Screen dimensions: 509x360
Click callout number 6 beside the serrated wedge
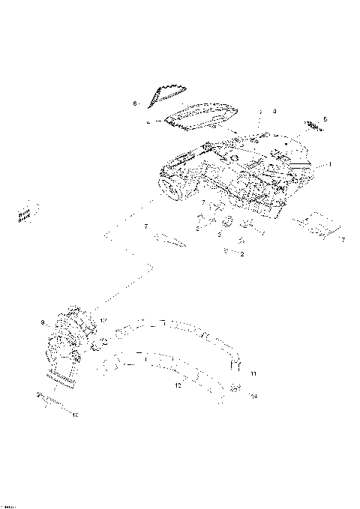(135, 103)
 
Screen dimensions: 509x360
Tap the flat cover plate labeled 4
(202, 115)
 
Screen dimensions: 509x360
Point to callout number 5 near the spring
(325, 119)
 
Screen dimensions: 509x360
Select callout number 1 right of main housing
(328, 164)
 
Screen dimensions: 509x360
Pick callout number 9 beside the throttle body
(43, 322)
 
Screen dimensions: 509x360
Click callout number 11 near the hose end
(253, 373)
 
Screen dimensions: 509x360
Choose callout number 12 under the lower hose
(177, 387)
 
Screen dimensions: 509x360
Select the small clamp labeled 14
(235, 388)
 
